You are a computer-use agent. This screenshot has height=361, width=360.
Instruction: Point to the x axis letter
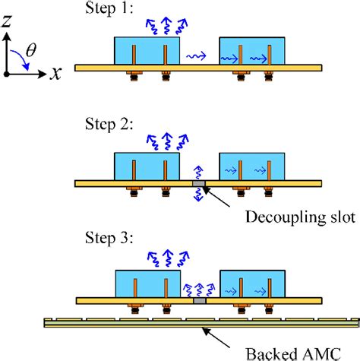tap(57, 74)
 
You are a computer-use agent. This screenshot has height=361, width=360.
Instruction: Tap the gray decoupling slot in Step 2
tap(198, 183)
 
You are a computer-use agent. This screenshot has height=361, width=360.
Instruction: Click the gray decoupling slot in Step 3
tap(198, 301)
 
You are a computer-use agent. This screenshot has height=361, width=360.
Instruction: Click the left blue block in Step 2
tap(147, 166)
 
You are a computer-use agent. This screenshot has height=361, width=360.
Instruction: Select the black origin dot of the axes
tap(7, 74)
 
